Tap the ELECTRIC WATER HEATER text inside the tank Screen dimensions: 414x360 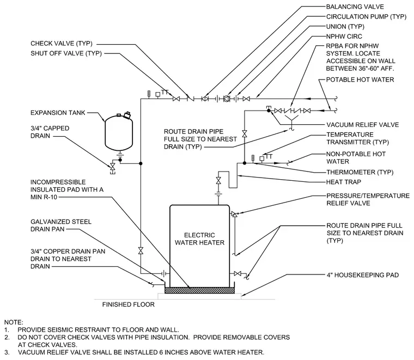pyautogui.click(x=199, y=239)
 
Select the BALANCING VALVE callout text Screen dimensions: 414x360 pyautogui.click(x=355, y=7)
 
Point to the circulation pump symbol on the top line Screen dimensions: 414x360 pyautogui.click(x=227, y=99)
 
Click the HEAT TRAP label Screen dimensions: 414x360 pyautogui.click(x=344, y=182)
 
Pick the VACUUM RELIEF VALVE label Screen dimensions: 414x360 pyautogui.click(x=363, y=125)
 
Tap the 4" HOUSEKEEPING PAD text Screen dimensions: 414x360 pyautogui.click(x=363, y=275)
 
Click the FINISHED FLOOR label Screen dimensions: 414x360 pyautogui.click(x=129, y=304)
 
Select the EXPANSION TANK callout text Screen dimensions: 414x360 pyautogui.click(x=58, y=113)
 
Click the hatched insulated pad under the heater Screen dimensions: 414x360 pyautogui.click(x=199, y=290)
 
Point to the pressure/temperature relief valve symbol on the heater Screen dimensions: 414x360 pyautogui.click(x=234, y=214)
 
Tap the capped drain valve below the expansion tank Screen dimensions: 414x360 pyautogui.click(x=113, y=167)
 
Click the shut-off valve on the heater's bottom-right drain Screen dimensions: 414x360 pyautogui.click(x=238, y=274)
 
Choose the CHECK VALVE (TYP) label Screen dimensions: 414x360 pyautogui.click(x=62, y=43)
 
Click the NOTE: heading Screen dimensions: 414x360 pyautogui.click(x=14, y=322)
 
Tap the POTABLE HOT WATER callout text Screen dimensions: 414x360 pyautogui.click(x=360, y=80)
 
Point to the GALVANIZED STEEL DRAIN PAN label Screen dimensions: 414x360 pyautogui.click(x=61, y=225)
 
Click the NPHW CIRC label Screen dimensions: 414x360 pyautogui.click(x=344, y=36)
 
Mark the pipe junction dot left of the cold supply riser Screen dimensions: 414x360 pyautogui.click(x=141, y=163)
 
